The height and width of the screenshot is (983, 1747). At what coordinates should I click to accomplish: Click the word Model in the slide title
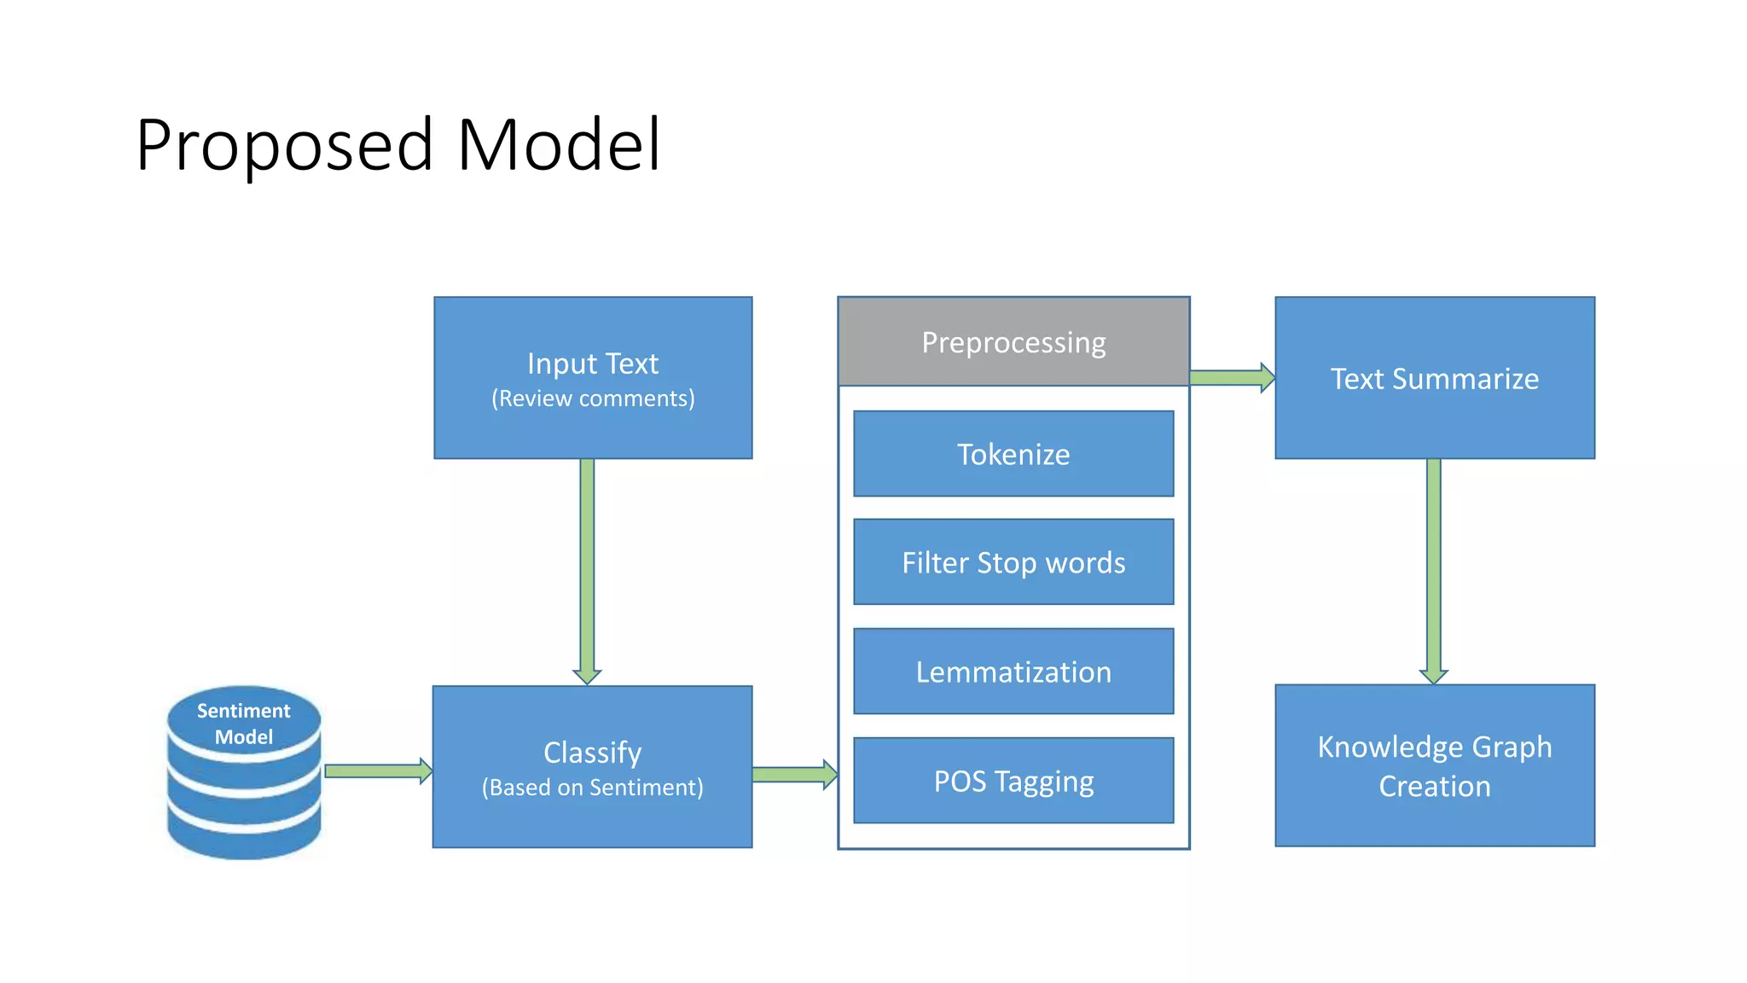559,145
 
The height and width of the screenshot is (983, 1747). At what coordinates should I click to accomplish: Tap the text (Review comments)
593,398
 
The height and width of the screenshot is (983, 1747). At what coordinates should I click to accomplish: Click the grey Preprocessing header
1013,342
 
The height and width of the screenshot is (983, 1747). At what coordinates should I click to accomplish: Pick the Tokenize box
1013,454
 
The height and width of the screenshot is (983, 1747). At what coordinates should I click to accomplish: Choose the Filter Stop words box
1013,562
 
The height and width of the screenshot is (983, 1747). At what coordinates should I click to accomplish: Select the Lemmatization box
1013,672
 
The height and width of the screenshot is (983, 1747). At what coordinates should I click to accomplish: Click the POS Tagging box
1013,781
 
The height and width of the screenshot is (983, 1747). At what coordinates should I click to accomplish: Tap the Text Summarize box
1435,378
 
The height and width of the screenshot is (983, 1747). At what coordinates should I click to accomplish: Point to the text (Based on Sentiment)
593,787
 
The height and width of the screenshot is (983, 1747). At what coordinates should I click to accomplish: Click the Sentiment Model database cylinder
244,772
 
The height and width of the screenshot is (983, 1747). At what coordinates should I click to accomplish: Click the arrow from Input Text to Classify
587,567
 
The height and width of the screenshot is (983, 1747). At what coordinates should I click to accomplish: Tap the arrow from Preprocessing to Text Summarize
1231,377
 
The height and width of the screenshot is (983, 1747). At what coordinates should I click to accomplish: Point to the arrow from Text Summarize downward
1434,567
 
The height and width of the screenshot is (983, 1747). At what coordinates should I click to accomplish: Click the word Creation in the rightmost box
1435,786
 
